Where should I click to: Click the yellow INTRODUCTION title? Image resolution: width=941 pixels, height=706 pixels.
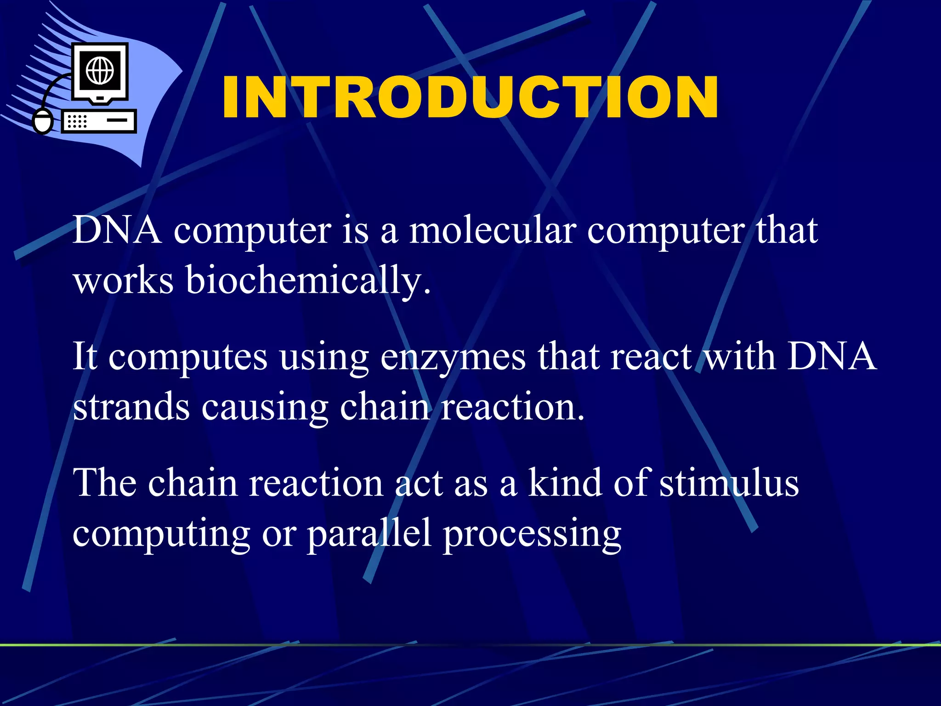point(470,97)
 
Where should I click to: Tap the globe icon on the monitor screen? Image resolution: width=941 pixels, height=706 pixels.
point(100,71)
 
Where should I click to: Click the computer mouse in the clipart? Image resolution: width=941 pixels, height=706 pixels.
point(44,121)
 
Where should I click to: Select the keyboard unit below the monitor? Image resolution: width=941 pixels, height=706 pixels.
point(99,121)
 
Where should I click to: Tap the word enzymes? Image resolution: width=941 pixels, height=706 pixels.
point(453,357)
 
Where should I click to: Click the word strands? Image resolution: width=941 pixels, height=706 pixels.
point(131,407)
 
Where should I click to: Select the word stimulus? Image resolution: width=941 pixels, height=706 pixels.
point(729,483)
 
